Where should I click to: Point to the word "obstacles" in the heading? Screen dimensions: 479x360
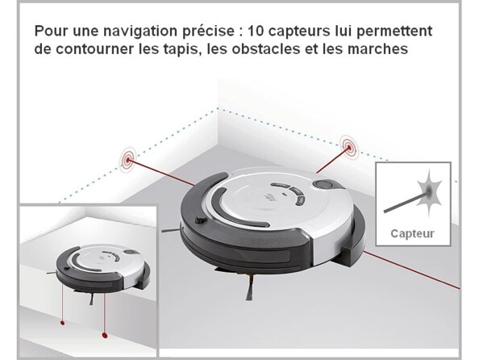(x=266, y=48)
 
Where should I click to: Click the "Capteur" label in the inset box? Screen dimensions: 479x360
(x=412, y=234)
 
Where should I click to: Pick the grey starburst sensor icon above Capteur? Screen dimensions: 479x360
(x=428, y=192)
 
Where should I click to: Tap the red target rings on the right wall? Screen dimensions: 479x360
(x=349, y=147)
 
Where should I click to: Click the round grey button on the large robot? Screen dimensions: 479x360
(x=323, y=185)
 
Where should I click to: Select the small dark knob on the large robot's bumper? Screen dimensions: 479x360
(x=200, y=220)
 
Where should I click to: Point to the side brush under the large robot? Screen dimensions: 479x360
(x=250, y=287)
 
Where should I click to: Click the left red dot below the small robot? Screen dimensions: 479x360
(x=63, y=322)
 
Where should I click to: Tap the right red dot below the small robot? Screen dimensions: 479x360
(x=105, y=336)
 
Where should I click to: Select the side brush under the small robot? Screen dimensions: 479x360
(x=91, y=299)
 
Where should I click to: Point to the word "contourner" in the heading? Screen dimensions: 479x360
(x=94, y=48)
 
